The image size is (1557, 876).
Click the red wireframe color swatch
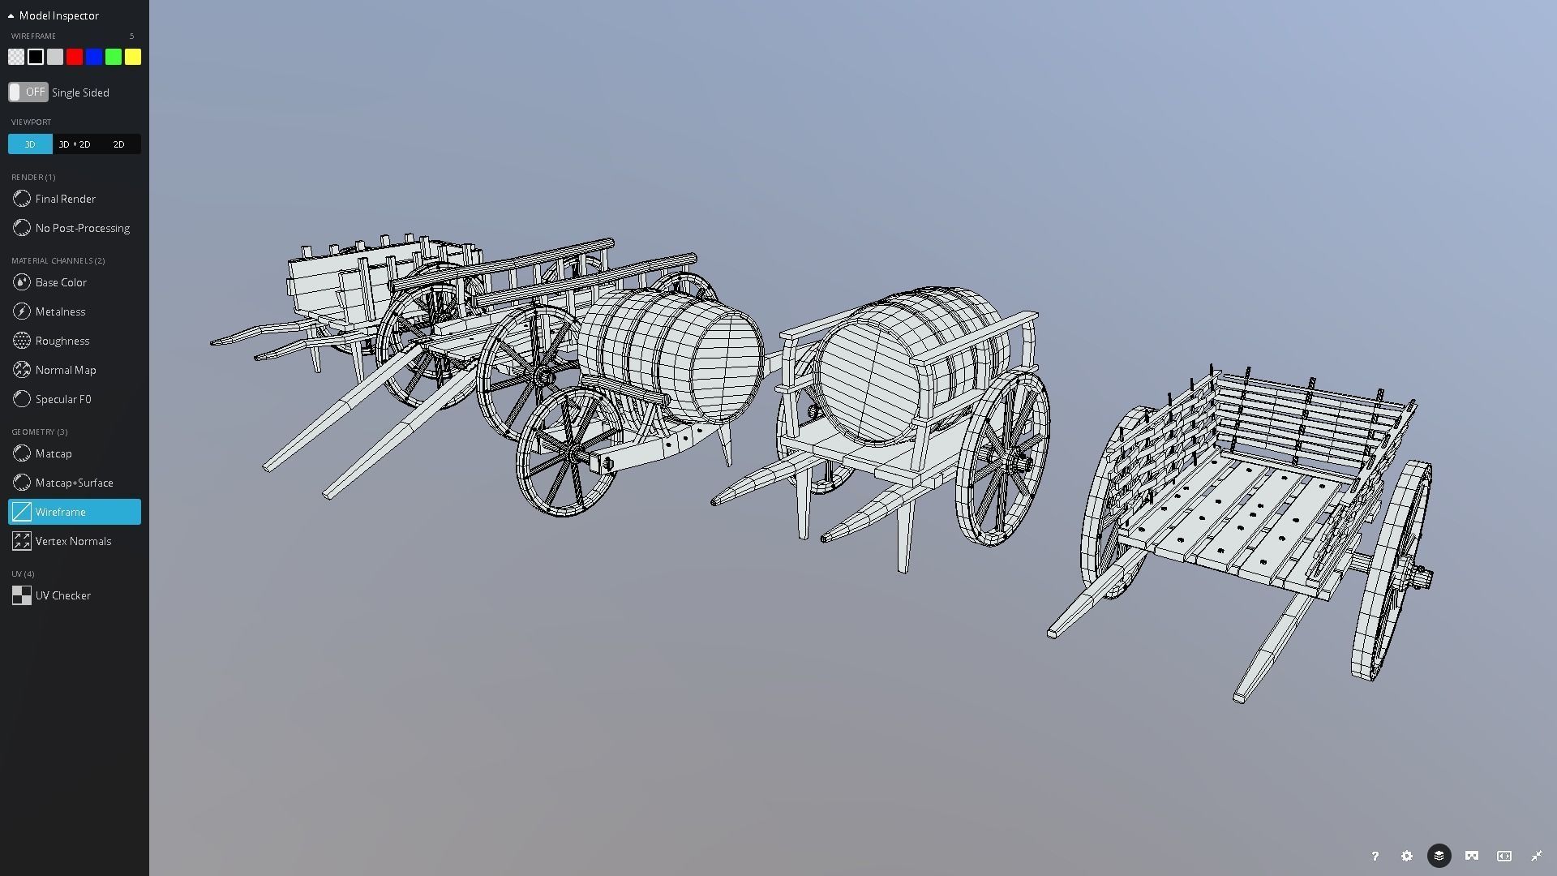coord(75,57)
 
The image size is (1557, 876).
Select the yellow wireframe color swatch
coord(133,57)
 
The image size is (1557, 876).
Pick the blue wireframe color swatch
coord(94,57)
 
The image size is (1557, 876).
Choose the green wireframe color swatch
coord(114,57)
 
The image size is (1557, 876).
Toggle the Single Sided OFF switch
coord(28,92)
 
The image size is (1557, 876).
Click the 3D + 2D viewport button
coord(75,144)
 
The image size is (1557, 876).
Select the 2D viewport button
coord(118,144)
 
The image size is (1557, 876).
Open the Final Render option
coord(65,199)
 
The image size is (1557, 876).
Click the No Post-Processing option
coord(82,228)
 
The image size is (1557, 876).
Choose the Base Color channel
coord(61,282)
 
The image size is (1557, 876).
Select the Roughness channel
coord(62,341)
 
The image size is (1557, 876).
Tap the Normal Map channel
coord(65,370)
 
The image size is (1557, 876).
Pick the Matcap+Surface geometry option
coord(74,483)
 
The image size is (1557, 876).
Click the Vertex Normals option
coord(73,541)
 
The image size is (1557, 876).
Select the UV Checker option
coord(62,595)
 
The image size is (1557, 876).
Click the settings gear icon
coord(1407,856)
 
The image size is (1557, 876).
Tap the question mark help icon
coord(1375,856)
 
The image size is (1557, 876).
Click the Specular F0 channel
coord(62,399)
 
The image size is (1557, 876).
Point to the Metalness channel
coord(60,311)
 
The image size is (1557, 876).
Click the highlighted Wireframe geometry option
coord(74,512)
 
